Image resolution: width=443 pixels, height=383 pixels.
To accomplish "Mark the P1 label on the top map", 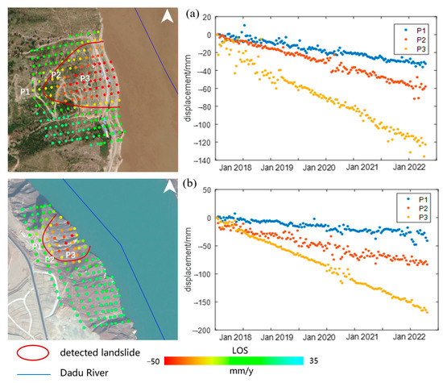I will click(26, 92).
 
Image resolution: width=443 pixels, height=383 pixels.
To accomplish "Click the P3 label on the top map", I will click(85, 77).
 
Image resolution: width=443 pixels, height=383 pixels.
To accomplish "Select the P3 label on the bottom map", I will click(71, 256).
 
